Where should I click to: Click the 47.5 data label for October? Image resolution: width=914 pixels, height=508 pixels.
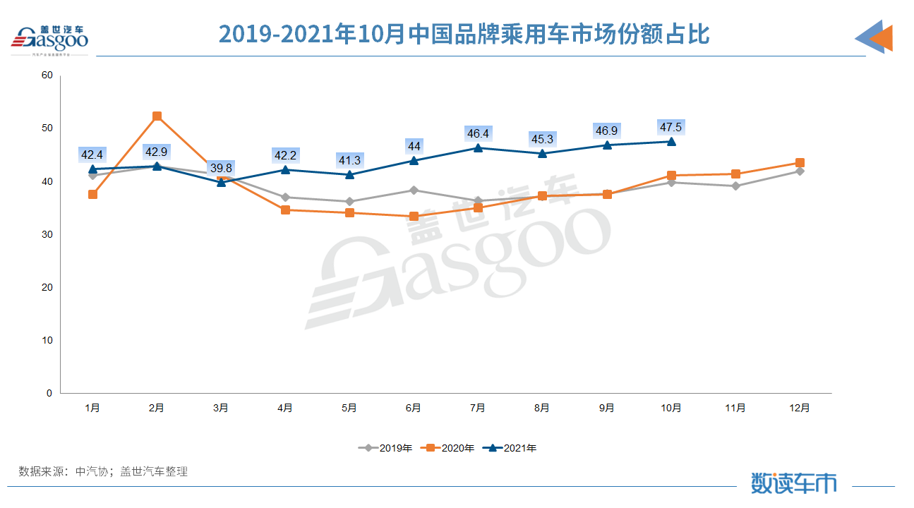[671, 127]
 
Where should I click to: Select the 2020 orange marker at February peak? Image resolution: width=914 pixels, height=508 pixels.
[157, 116]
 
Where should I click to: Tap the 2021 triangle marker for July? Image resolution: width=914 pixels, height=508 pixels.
[478, 147]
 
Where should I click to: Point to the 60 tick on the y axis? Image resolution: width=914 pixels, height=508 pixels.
[47, 75]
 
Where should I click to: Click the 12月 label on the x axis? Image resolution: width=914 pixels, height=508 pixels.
[800, 408]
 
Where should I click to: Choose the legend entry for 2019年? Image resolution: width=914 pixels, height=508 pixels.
[386, 447]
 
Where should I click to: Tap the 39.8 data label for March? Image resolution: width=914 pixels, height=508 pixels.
[221, 168]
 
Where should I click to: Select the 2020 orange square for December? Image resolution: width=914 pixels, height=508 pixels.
[800, 163]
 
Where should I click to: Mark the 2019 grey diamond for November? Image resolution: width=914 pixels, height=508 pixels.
[735, 186]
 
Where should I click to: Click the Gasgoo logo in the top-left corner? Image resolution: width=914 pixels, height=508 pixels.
[49, 39]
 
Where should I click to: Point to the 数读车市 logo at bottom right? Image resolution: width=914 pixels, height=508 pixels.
[793, 483]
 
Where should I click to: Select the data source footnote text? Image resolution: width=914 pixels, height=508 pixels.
[103, 471]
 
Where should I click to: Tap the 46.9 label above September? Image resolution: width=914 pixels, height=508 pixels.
[606, 131]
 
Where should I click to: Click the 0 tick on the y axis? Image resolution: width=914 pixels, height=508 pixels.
[49, 394]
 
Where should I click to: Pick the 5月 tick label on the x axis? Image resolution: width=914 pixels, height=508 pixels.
[349, 408]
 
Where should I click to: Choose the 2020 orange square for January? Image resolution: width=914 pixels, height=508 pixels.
[92, 194]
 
